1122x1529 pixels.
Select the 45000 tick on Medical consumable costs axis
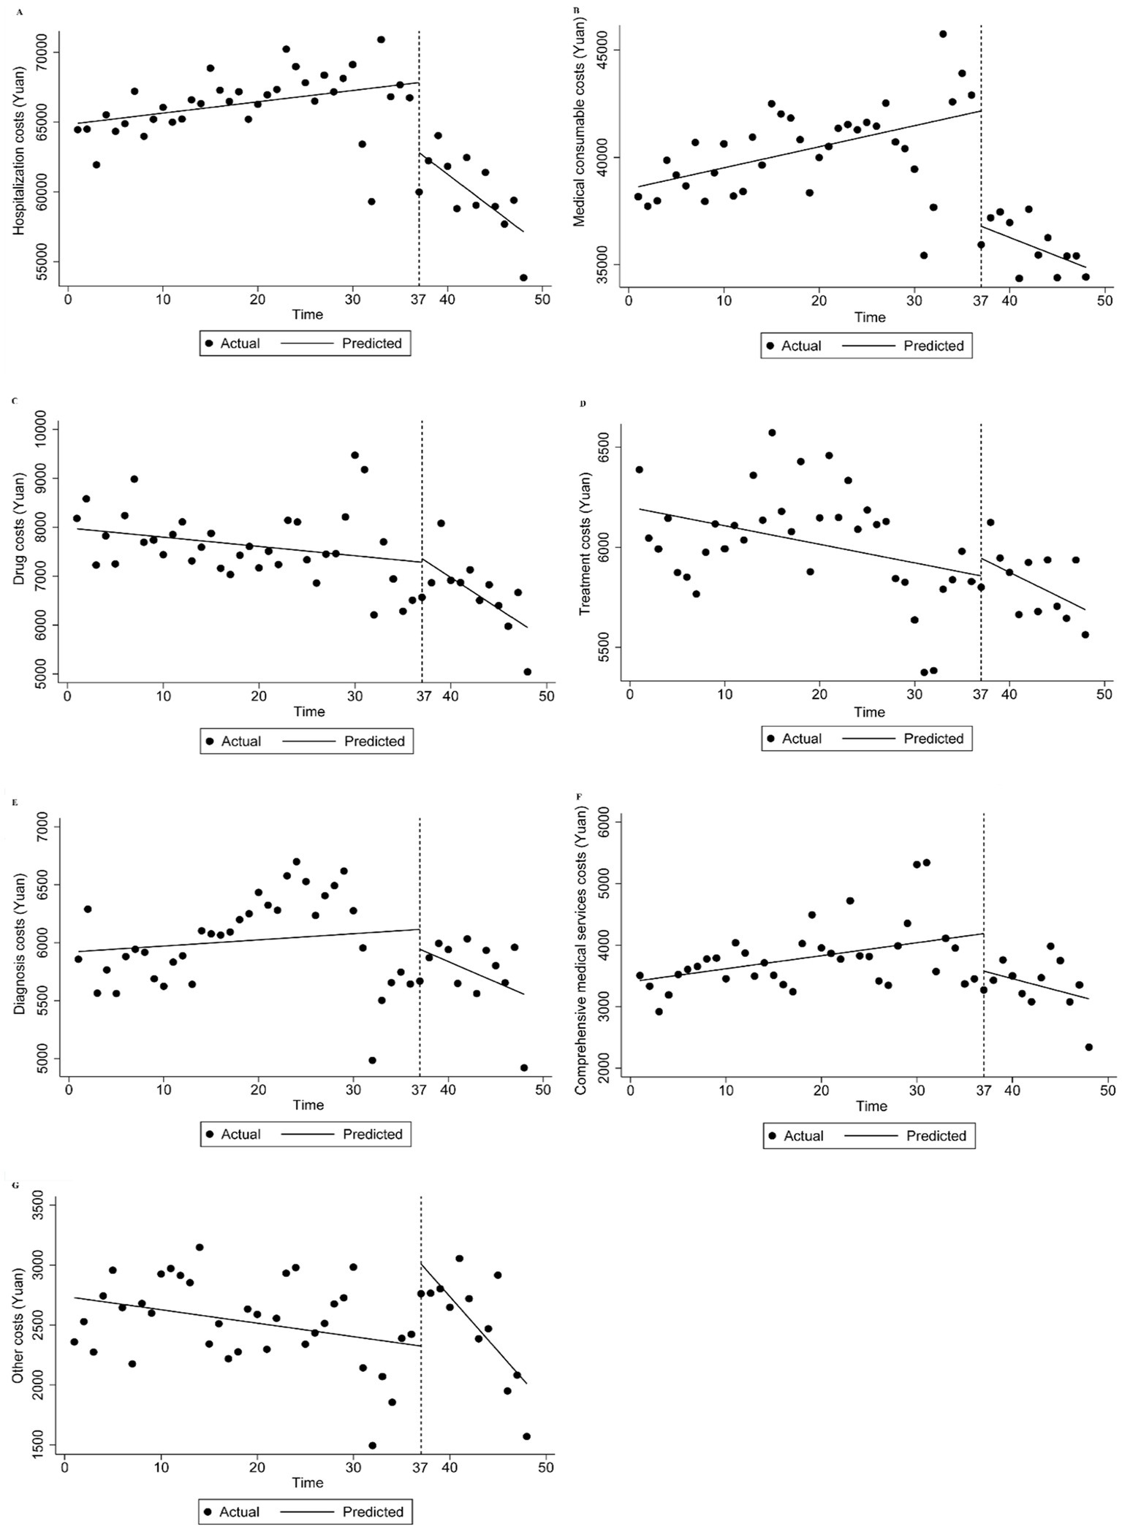(604, 50)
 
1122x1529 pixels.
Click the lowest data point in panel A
(523, 278)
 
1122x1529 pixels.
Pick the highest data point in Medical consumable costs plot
(943, 34)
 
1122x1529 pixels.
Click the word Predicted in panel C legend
(374, 741)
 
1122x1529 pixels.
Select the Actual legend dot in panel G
(210, 1511)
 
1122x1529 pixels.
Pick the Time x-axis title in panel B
(870, 318)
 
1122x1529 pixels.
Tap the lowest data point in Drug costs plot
(528, 671)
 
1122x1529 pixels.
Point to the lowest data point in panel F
(1088, 1047)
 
